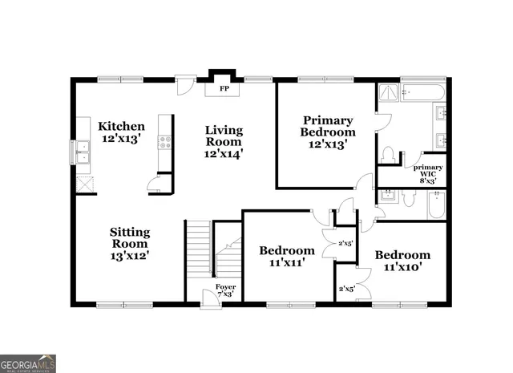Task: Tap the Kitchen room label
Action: click(121, 132)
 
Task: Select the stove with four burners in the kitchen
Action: click(166, 143)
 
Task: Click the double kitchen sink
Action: click(83, 151)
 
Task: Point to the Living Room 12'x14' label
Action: click(224, 140)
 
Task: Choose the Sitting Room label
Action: click(130, 244)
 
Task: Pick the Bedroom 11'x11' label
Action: click(286, 256)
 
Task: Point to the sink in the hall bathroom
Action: click(390, 195)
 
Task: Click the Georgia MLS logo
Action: click(28, 362)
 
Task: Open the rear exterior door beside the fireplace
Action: click(185, 83)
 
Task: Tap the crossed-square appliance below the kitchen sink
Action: click(83, 183)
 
